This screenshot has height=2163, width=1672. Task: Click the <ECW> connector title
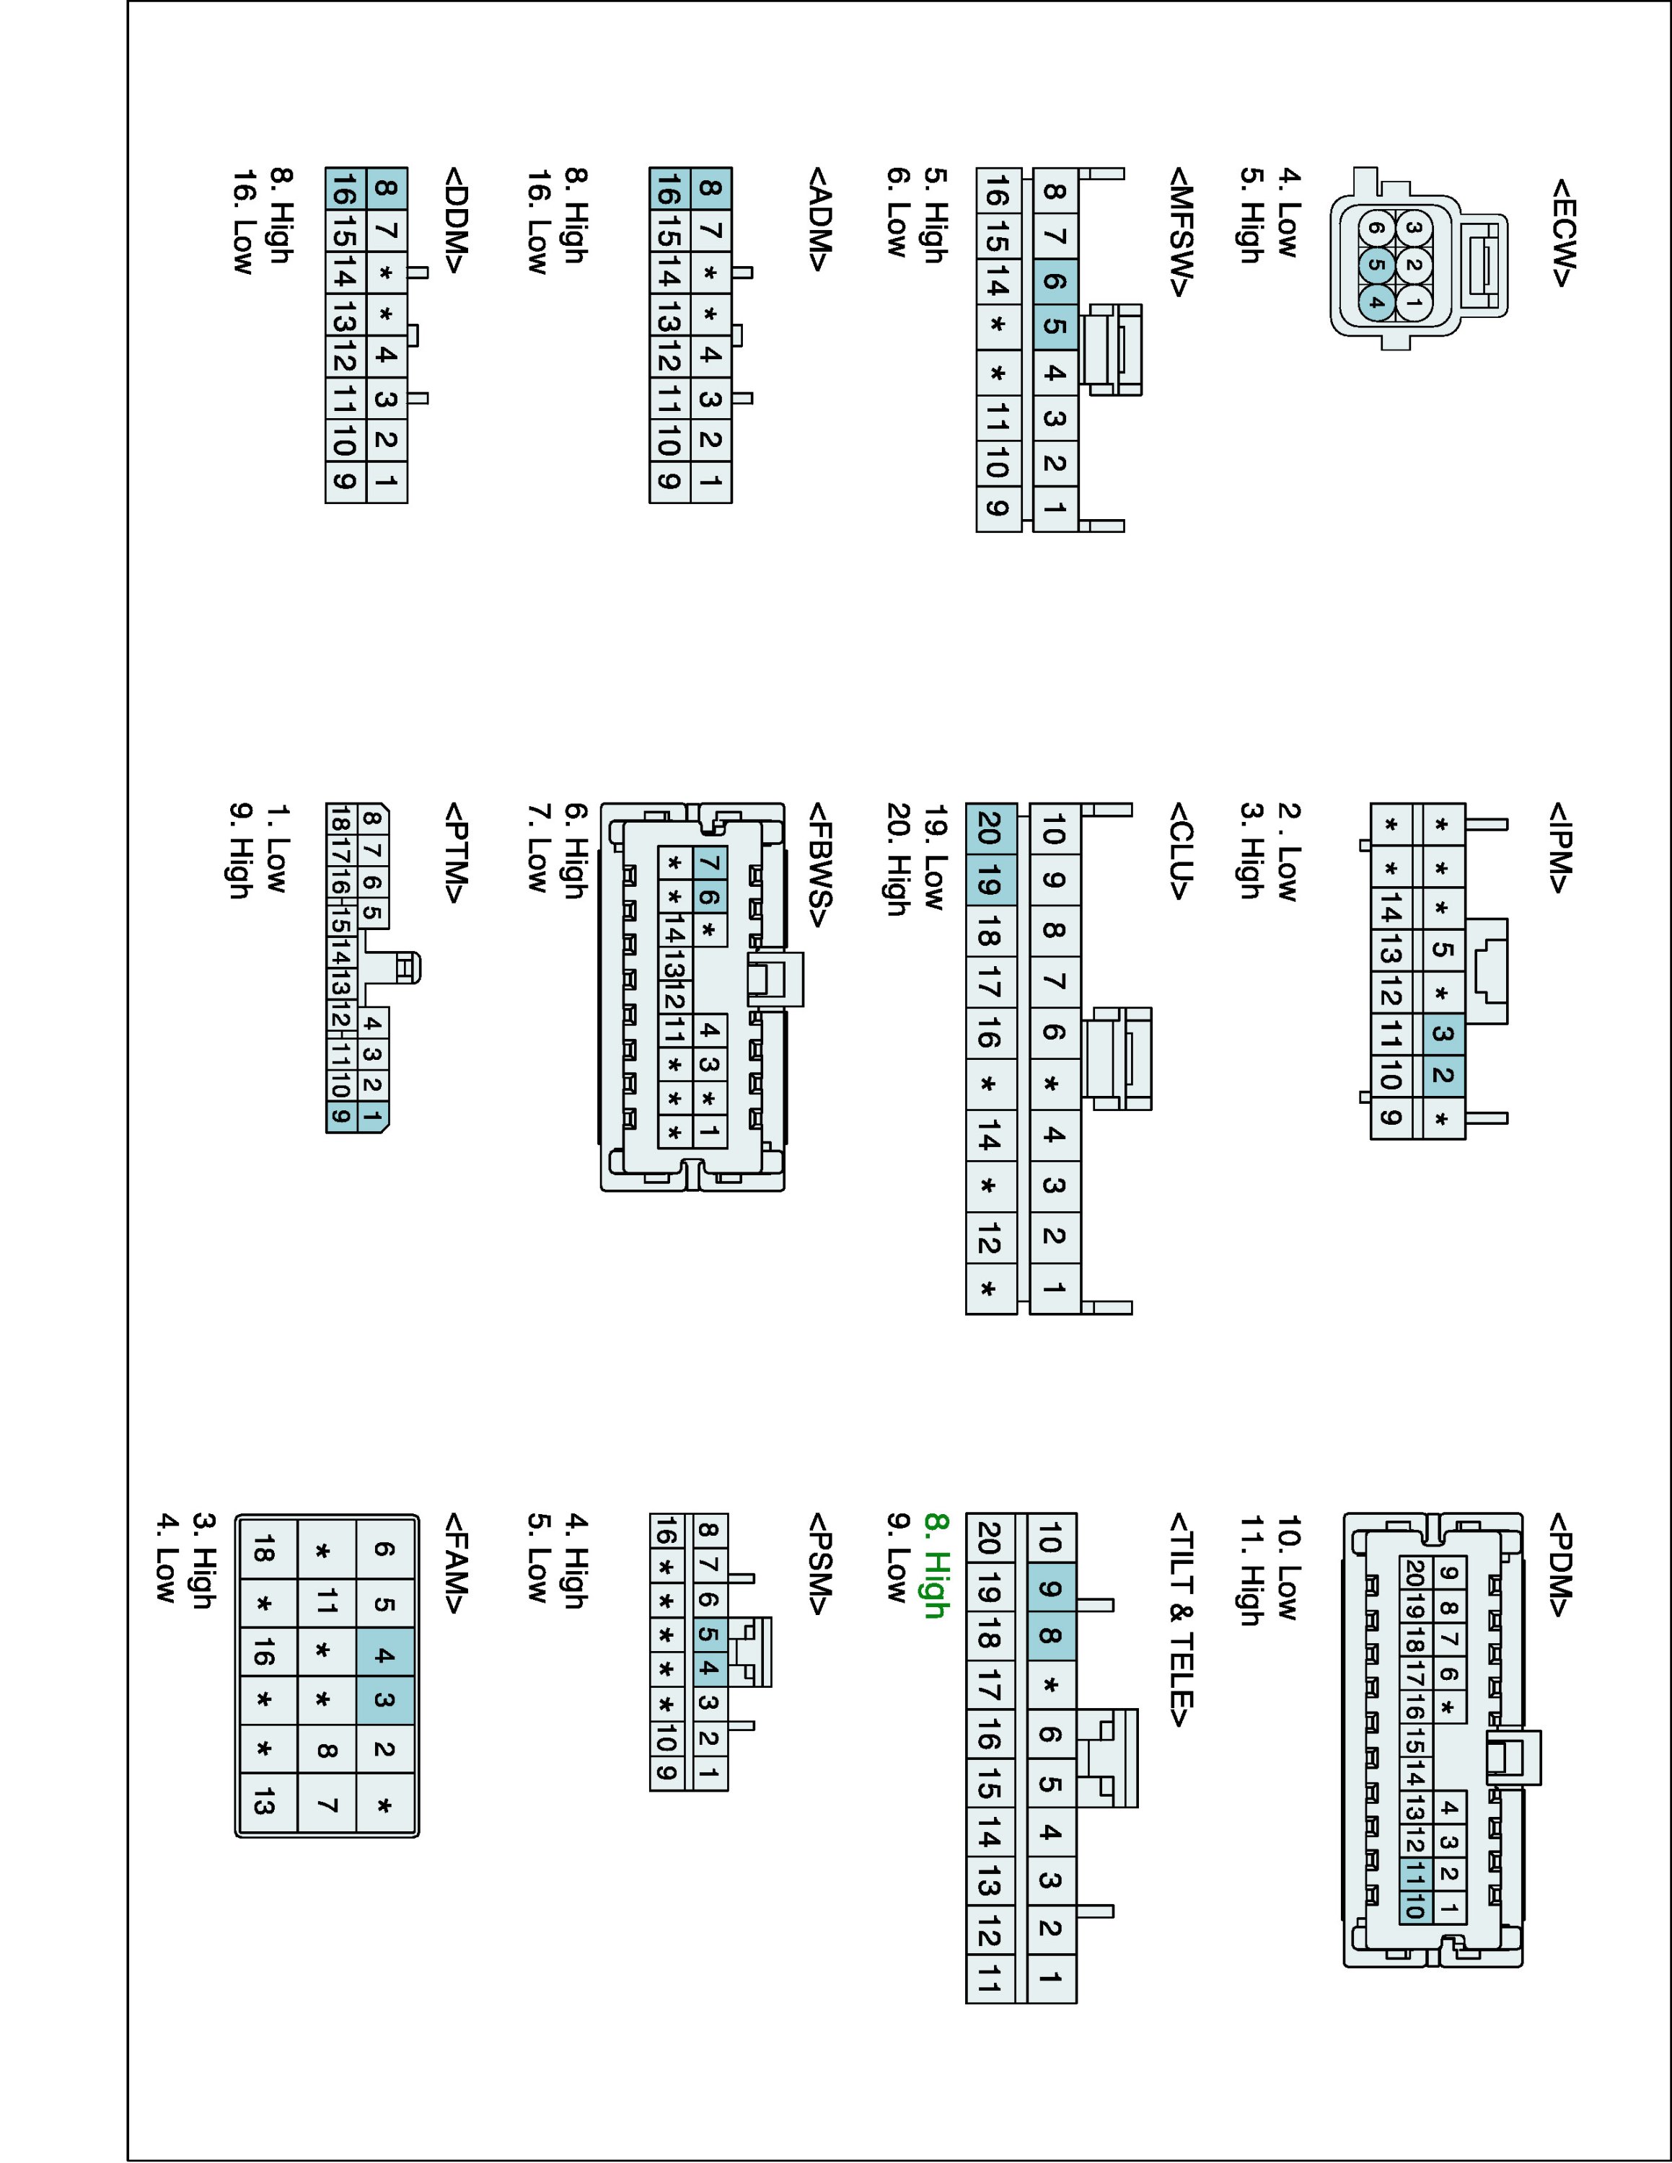tap(1561, 234)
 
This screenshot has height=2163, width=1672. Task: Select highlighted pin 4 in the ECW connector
tap(1376, 301)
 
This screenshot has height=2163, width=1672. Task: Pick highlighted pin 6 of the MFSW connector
tap(1054, 281)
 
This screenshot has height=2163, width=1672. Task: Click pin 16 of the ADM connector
tap(669, 187)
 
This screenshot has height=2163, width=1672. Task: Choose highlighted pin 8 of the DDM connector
tap(387, 187)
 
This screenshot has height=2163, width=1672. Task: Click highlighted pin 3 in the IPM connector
tap(1442, 1034)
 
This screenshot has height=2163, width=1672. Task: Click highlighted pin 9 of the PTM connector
tap(340, 1117)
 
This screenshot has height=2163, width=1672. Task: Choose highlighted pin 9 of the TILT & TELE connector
tap(1051, 1590)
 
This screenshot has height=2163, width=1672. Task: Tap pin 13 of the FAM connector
tap(263, 1805)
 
